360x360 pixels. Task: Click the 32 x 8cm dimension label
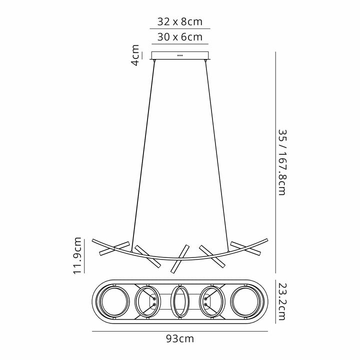point(179,21)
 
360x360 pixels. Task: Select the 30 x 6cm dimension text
point(179,36)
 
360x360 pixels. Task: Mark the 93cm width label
point(180,338)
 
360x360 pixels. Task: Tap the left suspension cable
point(143,150)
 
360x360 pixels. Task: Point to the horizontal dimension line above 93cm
point(180,330)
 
